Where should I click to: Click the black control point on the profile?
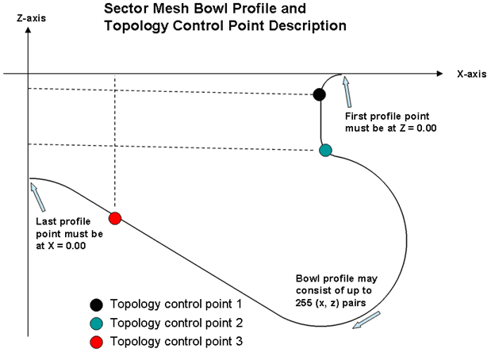tap(319, 95)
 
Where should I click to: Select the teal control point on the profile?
tap(324, 150)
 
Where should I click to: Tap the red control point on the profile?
tap(115, 218)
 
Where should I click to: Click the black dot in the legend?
tap(96, 304)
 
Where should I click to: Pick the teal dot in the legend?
tap(96, 323)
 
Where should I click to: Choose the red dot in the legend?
tap(96, 341)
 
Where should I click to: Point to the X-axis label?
tap(471, 73)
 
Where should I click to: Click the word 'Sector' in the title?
tap(127, 10)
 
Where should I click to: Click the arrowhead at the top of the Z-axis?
tap(29, 32)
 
